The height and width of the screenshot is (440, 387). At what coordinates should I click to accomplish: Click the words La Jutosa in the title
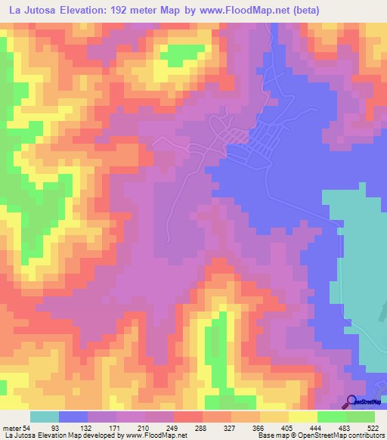pos(33,11)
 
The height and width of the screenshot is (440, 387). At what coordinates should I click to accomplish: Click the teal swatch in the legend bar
pos(45,417)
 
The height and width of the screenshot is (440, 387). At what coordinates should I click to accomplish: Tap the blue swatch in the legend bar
pos(73,417)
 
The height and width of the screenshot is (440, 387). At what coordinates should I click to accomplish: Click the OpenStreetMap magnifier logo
pos(352,401)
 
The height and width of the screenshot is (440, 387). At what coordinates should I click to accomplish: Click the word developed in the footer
pos(108,435)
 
